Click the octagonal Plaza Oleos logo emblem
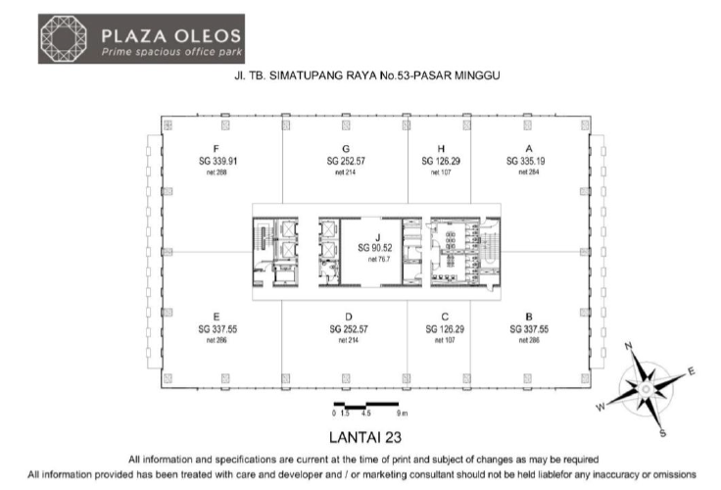(64, 38)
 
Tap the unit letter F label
(216, 149)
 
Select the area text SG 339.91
(217, 161)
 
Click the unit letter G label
(346, 149)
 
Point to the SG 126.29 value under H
(441, 161)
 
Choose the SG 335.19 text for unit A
(526, 161)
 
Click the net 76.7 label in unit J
(379, 260)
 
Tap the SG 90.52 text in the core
(375, 248)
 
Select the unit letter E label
(216, 317)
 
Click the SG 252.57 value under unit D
(349, 329)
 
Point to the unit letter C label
(445, 317)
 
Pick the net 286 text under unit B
(529, 340)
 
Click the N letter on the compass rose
(629, 346)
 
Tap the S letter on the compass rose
(662, 433)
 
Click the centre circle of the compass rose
(646, 390)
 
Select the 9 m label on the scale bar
(403, 414)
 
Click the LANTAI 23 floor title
(365, 437)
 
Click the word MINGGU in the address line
(477, 75)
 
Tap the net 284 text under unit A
(529, 172)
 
